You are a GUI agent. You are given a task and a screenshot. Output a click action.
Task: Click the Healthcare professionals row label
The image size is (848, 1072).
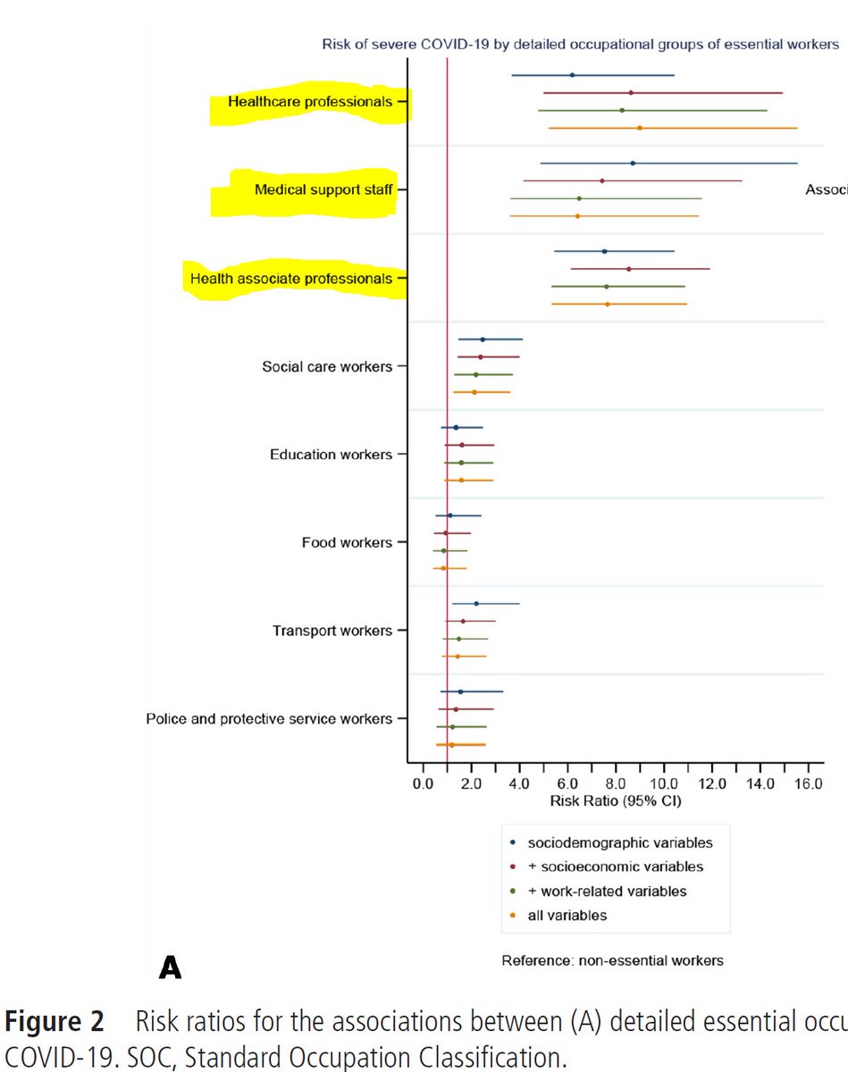(x=309, y=102)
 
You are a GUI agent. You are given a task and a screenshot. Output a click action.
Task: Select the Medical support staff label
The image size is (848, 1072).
(x=323, y=189)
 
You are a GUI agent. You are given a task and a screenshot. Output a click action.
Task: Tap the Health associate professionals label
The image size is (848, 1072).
(x=290, y=279)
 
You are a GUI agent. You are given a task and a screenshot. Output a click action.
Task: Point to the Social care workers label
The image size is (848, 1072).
(x=326, y=366)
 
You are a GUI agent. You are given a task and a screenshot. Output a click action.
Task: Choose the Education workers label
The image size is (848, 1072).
(x=331, y=455)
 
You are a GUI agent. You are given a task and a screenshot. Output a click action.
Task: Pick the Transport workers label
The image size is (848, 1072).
(x=332, y=631)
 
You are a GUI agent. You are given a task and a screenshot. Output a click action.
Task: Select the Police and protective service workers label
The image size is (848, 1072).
(x=268, y=719)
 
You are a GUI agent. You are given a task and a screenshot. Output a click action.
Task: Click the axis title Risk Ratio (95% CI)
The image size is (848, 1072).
(x=616, y=800)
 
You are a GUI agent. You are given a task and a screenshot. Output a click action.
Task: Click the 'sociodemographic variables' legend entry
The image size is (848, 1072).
(x=620, y=842)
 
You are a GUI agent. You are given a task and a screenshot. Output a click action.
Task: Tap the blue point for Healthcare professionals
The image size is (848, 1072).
(x=572, y=75)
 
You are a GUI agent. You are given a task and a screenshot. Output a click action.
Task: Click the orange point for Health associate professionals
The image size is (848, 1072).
(x=608, y=305)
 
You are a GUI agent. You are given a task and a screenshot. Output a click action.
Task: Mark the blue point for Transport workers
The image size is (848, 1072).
(x=476, y=604)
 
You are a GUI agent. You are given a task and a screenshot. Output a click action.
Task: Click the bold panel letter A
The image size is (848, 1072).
(x=170, y=967)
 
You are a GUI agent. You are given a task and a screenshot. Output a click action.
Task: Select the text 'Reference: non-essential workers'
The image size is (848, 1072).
(x=612, y=961)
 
